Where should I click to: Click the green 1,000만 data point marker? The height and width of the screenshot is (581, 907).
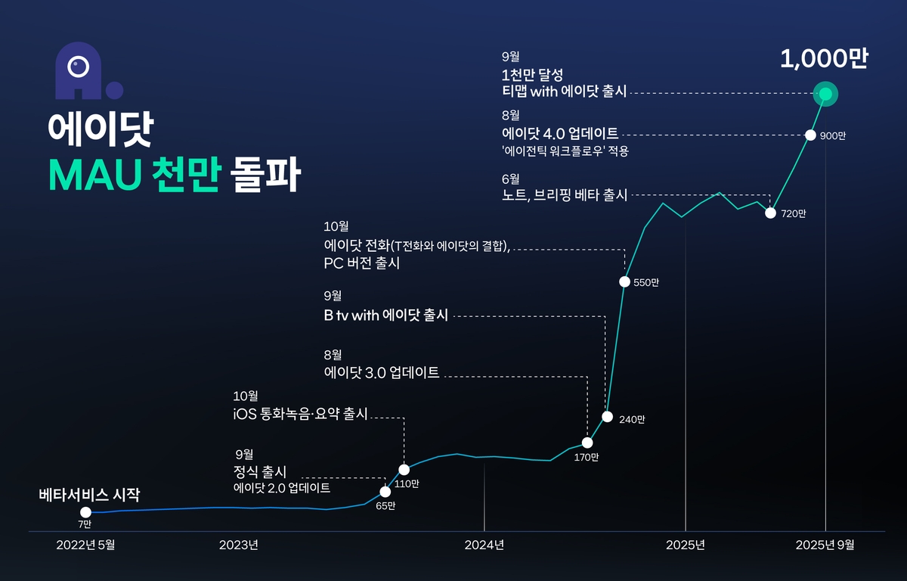pos(825,94)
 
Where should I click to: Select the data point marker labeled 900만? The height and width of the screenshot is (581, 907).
pos(809,135)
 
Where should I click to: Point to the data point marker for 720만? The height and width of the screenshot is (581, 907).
pos(770,213)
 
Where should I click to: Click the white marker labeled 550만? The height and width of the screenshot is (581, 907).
pos(624,281)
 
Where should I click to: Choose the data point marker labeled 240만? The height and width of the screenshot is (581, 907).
pos(606,417)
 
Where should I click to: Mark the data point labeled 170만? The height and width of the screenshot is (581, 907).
pos(587,443)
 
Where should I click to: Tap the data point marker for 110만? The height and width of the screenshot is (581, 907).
pos(404,470)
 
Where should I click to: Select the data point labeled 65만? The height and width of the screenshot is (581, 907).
pos(385,492)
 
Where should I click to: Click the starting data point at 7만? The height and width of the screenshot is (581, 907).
pos(85,512)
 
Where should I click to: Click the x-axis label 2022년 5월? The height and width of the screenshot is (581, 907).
pos(86,545)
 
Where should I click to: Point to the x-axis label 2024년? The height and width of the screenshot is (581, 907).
pos(484,545)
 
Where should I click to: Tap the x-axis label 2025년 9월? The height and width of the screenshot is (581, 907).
pos(825,545)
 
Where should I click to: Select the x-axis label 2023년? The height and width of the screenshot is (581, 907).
pos(239,545)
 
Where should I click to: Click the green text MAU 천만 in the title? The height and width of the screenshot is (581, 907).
pos(135,176)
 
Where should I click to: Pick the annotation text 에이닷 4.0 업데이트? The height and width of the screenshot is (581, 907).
pos(560,134)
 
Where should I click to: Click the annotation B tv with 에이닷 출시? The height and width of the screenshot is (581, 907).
pos(386,315)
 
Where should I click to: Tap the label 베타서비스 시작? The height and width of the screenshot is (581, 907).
pos(89,496)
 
